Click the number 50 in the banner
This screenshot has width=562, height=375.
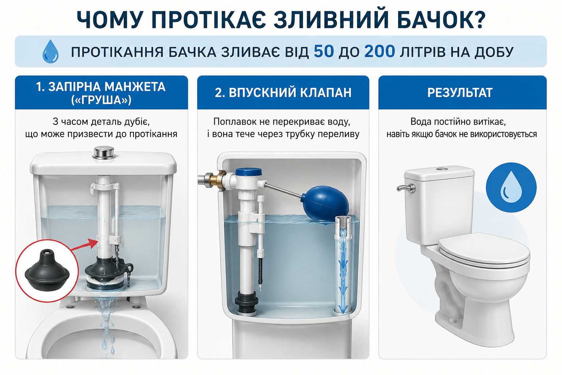pos(324,52)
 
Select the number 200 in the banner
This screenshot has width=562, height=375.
pos(379,52)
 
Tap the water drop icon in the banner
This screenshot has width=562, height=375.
pos(50,51)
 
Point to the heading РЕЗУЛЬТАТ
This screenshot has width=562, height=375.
pos(460,93)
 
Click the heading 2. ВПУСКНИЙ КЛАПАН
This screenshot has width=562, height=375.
pos(283,93)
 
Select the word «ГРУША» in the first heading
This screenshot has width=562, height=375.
pos(101,100)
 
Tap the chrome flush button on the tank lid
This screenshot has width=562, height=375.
pos(104,152)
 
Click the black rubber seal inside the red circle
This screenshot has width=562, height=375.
pos(47,270)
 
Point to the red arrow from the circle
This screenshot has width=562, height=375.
pos(84,245)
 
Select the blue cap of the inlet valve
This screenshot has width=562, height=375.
pos(249,172)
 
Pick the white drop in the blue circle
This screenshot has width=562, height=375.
pos(511,187)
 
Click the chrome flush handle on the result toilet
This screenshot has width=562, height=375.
pos(406,188)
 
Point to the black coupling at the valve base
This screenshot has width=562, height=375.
pos(246,302)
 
